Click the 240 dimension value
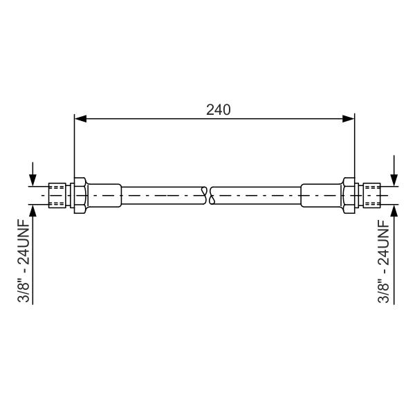click(x=219, y=109)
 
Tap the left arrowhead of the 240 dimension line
click(x=80, y=119)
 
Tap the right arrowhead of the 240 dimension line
click(x=349, y=119)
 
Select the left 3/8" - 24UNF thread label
click(x=24, y=261)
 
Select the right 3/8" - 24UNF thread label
click(x=383, y=261)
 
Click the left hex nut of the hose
click(x=80, y=195)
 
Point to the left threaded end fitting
click(x=57, y=195)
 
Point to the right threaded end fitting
click(x=371, y=195)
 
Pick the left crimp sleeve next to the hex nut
click(x=104, y=195)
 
